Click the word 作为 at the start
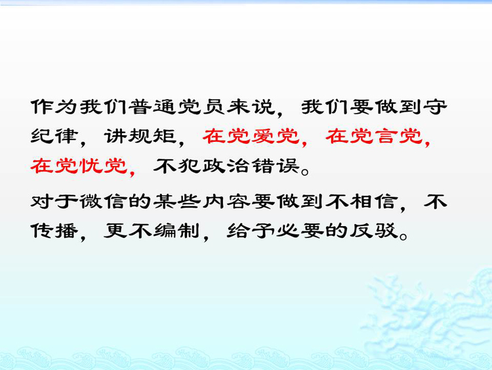pos(54,107)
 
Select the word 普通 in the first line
pos(152,107)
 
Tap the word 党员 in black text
pos(201,107)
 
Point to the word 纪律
pos(54,137)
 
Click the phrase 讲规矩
pos(140,137)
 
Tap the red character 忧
pos(91,166)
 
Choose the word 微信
pos(103,201)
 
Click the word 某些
pos(176,201)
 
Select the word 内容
pos(226,201)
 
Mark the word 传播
pos(54,231)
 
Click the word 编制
pos(176,231)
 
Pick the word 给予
pos(251,231)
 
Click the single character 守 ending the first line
pos(435,107)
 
